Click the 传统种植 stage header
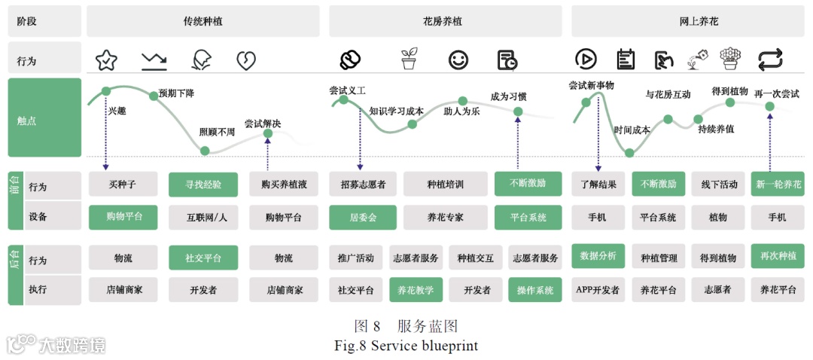[x=203, y=21]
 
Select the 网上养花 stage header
[x=688, y=21]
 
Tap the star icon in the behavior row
[x=106, y=60]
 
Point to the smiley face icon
[x=458, y=60]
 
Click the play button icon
[x=586, y=59]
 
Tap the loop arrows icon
[x=770, y=59]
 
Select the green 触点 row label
[x=44, y=118]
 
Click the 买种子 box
[x=123, y=185]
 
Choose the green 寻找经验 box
[x=202, y=185]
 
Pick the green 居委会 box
[x=362, y=217]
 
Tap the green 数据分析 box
[x=598, y=256]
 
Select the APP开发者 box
[x=598, y=289]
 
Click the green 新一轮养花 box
[x=777, y=185]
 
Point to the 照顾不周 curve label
[x=217, y=132]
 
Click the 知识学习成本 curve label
[x=396, y=111]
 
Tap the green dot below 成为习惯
[x=518, y=112]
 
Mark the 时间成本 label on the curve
[x=631, y=130]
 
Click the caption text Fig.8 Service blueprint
[x=406, y=346]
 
